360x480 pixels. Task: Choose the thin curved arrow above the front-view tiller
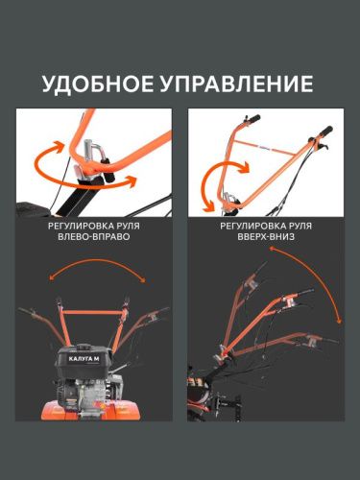pyautogui.click(x=94, y=276)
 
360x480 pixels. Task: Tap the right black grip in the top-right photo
pyautogui.click(x=325, y=131)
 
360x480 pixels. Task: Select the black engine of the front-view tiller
pyautogui.click(x=92, y=370)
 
